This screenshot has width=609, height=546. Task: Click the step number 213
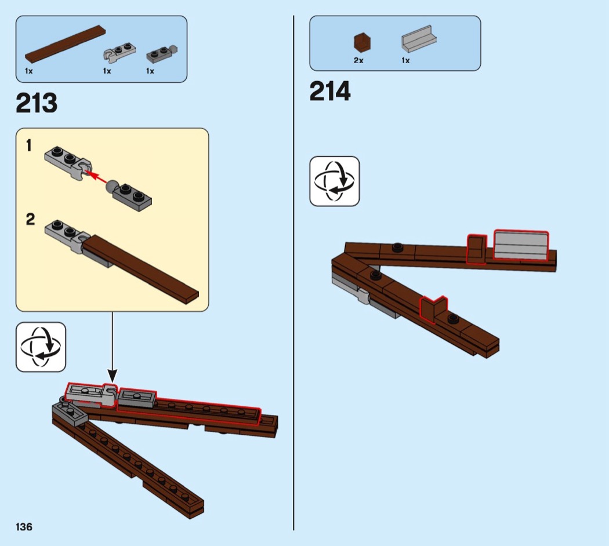click(37, 103)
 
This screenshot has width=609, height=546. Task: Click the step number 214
click(330, 91)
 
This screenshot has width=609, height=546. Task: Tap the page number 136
click(24, 527)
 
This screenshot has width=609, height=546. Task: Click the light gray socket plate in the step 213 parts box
click(119, 51)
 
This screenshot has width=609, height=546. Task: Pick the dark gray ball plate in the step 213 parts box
click(162, 54)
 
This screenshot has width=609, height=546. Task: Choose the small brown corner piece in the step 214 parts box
click(362, 42)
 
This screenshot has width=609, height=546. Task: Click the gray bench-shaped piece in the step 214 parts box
click(419, 39)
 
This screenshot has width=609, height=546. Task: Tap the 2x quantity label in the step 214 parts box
click(358, 60)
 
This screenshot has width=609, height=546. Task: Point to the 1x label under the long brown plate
click(29, 71)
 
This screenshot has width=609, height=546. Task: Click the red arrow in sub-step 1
click(96, 177)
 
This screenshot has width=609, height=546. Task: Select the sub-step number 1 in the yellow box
click(28, 146)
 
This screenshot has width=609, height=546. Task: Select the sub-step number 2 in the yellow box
click(30, 219)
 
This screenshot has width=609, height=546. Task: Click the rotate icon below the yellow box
click(41, 347)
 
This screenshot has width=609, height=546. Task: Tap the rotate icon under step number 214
click(335, 181)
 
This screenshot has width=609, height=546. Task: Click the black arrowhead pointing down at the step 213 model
click(113, 376)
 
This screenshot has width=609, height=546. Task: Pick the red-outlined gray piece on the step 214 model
click(521, 245)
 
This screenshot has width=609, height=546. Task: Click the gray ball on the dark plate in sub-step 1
click(111, 186)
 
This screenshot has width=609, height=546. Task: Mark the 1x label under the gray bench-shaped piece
click(405, 60)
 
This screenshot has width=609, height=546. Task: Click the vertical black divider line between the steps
click(293, 273)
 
